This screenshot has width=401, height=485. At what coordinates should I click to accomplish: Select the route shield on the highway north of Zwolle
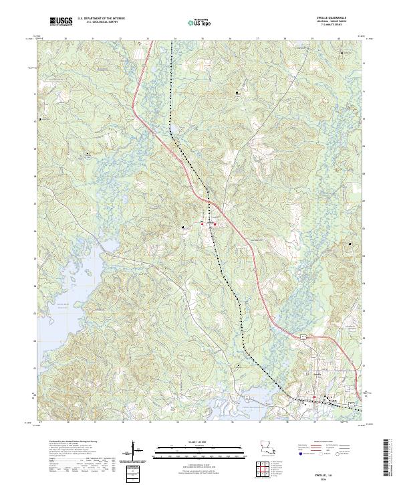point(303,334)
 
